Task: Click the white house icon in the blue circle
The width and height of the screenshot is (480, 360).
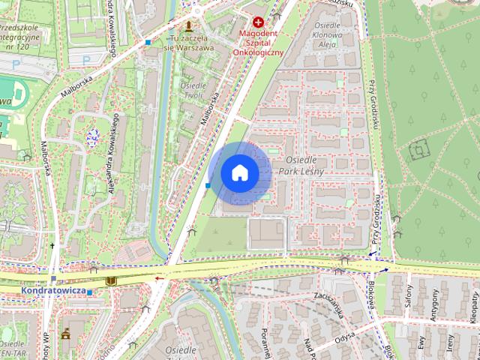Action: (239, 173)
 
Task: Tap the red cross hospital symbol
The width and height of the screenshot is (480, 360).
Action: (259, 23)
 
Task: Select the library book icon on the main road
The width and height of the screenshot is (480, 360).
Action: (111, 280)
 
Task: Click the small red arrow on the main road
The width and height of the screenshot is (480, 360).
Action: (158, 277)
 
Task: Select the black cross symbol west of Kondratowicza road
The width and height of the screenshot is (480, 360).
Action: (53, 246)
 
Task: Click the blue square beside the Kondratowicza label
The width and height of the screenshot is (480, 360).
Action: (90, 292)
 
